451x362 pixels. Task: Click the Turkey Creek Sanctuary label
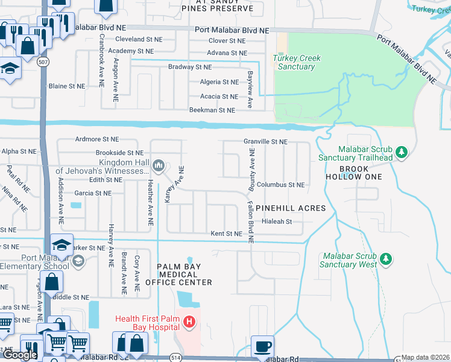coord(297,63)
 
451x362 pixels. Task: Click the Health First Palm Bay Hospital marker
coord(189,323)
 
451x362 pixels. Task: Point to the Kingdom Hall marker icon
coord(159,165)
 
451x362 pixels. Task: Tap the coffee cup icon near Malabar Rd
coord(262,346)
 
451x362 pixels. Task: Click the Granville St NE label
coord(265,141)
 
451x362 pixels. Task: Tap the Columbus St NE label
coord(280,185)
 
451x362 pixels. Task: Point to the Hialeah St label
coord(277,221)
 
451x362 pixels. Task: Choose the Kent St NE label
coord(226,233)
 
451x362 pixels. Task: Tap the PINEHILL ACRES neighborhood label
coord(291,208)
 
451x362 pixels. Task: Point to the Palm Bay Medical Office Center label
coord(184,275)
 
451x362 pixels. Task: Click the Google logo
coord(20,355)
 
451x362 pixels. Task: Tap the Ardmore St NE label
coord(98,139)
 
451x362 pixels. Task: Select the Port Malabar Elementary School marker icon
coord(77,261)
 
